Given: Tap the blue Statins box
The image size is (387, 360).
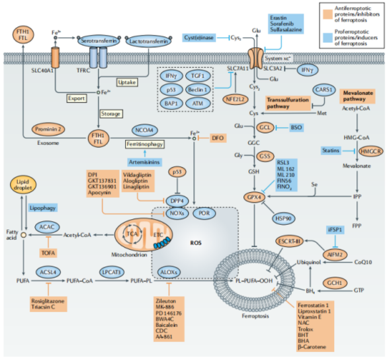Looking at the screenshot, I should [333, 151].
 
